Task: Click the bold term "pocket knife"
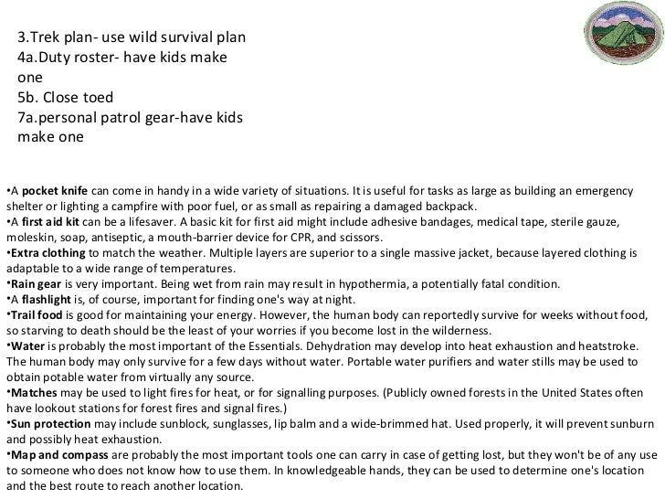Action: tap(55, 190)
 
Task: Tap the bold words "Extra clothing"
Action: tap(42, 251)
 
